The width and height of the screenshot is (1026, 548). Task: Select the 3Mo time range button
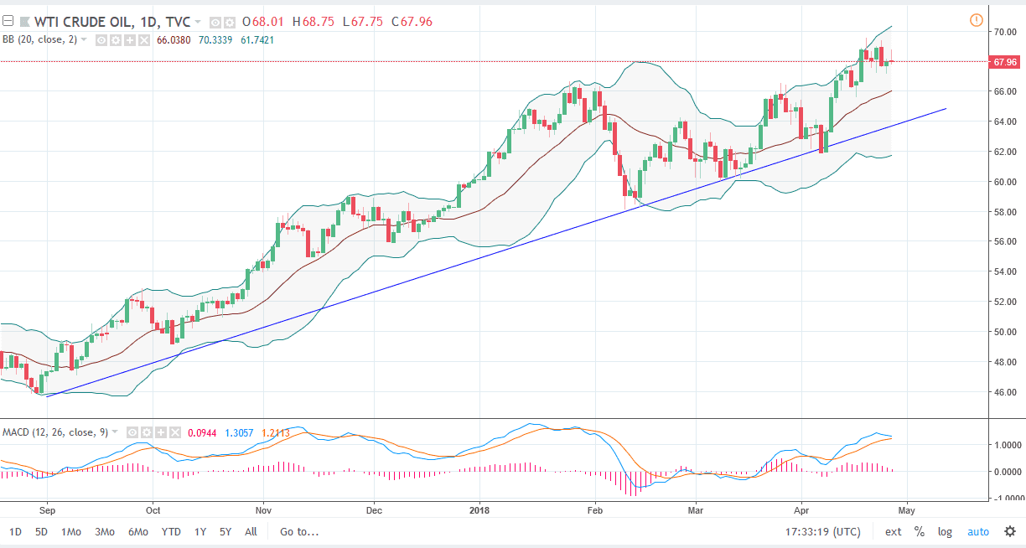tap(105, 531)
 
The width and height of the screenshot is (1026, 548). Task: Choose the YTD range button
tap(171, 531)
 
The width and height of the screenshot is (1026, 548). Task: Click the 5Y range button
tap(225, 531)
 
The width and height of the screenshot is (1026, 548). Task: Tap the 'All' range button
tap(251, 531)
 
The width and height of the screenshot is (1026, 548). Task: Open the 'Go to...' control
tap(300, 531)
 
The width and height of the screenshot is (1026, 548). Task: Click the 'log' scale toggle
tap(945, 531)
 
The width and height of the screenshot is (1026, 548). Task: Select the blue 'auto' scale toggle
tap(978, 531)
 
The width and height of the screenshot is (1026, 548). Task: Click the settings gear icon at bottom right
tap(1010, 531)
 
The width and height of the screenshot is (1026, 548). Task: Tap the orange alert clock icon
tap(976, 20)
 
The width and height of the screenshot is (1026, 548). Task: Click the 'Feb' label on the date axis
tap(595, 509)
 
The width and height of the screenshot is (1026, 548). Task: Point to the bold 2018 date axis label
tap(479, 509)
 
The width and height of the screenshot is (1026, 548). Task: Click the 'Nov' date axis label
tap(263, 509)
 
